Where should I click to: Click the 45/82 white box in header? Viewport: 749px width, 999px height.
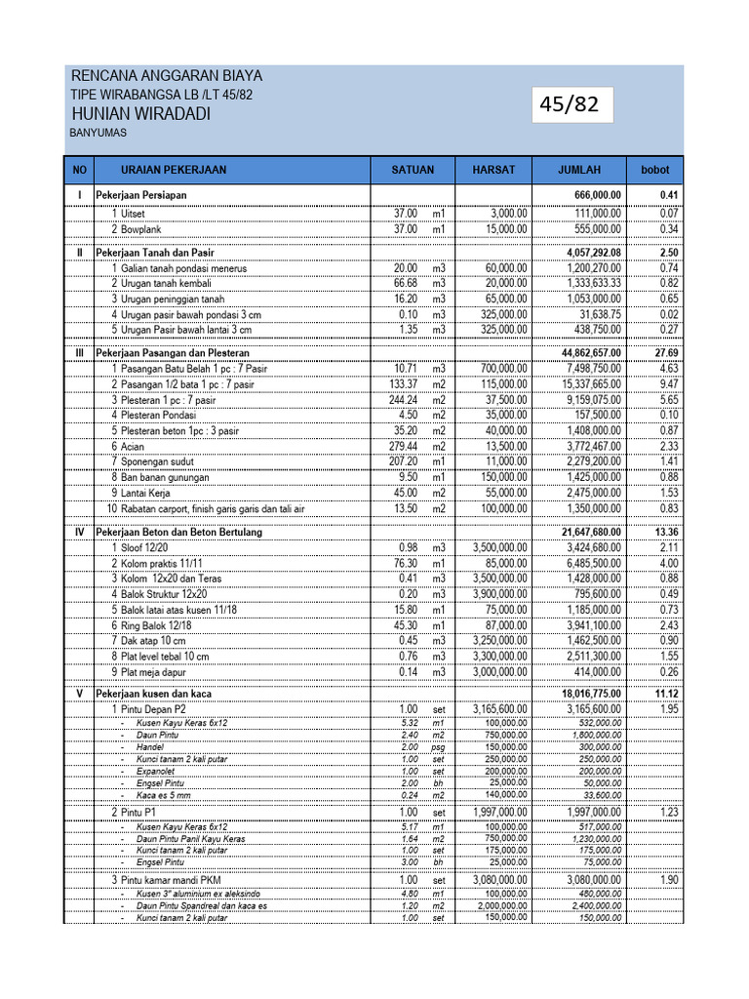(572, 104)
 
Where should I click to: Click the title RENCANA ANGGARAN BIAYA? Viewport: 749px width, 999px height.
(167, 76)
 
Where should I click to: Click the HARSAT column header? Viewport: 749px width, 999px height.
(493, 170)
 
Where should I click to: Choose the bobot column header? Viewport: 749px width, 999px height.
(654, 170)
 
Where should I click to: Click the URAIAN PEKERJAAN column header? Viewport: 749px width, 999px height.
(174, 170)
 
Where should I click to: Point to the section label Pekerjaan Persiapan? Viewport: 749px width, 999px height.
(140, 196)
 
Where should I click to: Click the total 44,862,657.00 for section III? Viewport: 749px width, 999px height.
(579, 352)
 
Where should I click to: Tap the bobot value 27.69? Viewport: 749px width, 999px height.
(666, 352)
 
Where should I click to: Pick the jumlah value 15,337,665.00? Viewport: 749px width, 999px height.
(582, 384)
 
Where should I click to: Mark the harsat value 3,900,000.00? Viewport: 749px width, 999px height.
(500, 594)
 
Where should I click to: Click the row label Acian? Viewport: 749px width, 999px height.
(132, 446)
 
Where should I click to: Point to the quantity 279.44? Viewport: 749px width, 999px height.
(406, 446)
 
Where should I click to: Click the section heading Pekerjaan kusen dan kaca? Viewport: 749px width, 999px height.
(153, 694)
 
